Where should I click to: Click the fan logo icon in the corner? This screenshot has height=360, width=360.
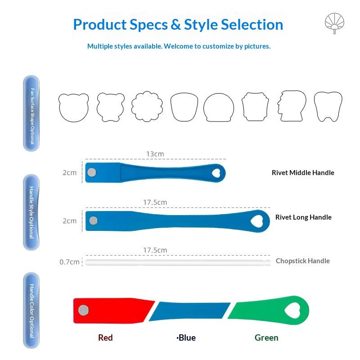[x=334, y=23]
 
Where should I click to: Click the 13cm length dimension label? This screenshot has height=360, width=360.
[x=155, y=154]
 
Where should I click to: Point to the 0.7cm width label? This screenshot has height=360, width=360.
[x=69, y=262]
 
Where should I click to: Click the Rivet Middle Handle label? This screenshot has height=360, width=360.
[x=303, y=173]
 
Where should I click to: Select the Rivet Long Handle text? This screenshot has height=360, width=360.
[x=303, y=217]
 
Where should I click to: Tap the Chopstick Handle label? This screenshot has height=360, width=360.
[x=302, y=261]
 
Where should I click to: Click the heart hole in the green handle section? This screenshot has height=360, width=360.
[x=292, y=310]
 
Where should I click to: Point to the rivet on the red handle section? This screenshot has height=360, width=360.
[x=83, y=310]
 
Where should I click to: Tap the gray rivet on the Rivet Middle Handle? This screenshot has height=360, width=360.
[x=92, y=172]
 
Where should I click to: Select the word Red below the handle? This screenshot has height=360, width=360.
[x=105, y=338]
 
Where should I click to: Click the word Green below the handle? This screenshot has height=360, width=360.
[x=266, y=338]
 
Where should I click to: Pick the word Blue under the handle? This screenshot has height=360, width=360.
[x=187, y=338]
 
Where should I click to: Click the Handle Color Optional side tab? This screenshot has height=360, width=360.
[x=31, y=310]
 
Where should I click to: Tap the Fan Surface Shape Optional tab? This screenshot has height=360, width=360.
[x=31, y=113]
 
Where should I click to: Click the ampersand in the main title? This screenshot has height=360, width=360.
[x=175, y=25]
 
